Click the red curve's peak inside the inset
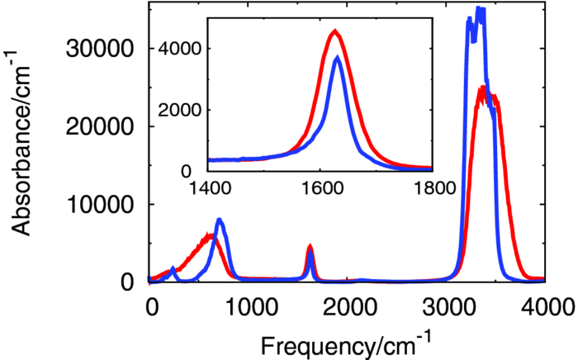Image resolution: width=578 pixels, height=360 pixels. click(x=334, y=31)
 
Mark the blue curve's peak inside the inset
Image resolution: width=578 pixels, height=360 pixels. click(x=337, y=57)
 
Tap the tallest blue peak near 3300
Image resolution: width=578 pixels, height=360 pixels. click(x=478, y=8)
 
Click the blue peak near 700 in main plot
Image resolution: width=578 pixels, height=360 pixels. click(x=220, y=220)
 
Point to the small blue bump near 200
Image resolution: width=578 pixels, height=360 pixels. click(x=173, y=268)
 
